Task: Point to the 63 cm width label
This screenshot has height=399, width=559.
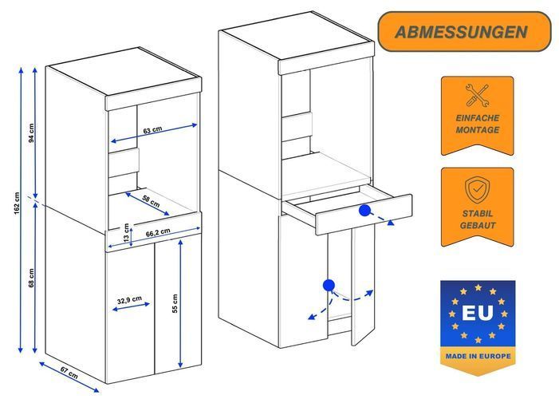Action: (x=152, y=130)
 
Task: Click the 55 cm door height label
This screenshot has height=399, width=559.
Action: (x=175, y=303)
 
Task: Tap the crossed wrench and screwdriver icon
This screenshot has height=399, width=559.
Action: (x=477, y=97)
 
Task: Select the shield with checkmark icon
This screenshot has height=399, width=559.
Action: (x=477, y=190)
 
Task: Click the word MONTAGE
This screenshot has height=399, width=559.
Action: (x=477, y=129)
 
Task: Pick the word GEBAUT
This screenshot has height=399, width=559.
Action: (x=477, y=226)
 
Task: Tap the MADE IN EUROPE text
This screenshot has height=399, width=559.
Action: (x=477, y=354)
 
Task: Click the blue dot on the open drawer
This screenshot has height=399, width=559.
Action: (x=364, y=211)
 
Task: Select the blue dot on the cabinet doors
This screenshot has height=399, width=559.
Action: (x=328, y=284)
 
